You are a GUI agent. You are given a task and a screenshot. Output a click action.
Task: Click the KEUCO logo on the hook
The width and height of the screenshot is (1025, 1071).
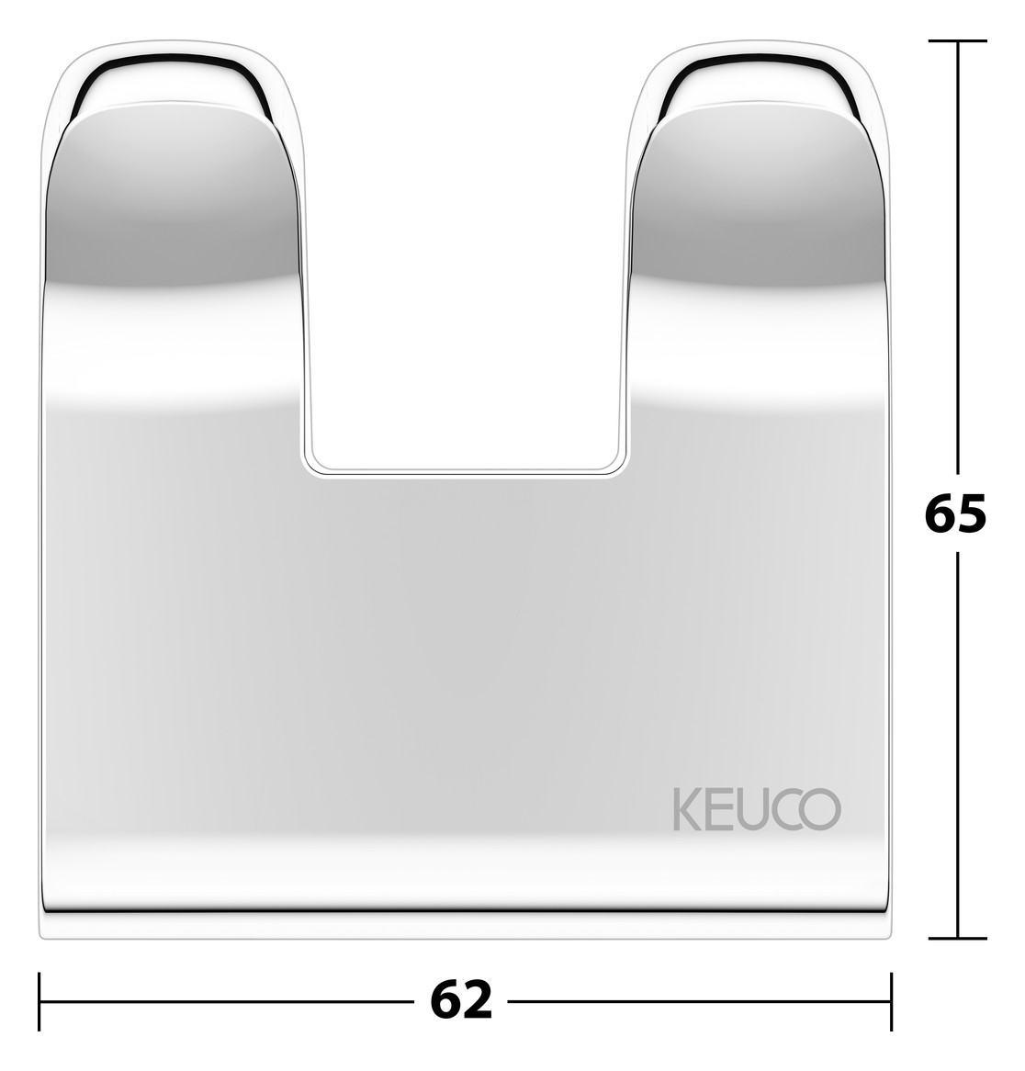pyautogui.click(x=756, y=808)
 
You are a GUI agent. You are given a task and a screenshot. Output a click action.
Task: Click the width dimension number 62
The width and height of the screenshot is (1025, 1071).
pyautogui.click(x=461, y=1000)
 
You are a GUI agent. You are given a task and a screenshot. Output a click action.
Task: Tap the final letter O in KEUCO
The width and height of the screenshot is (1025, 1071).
pyautogui.click(x=823, y=808)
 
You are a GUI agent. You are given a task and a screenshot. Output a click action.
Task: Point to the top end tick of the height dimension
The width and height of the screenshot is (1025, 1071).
pyautogui.click(x=958, y=41)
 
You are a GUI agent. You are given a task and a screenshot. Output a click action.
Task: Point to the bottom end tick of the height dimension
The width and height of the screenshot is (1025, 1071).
pyautogui.click(x=958, y=938)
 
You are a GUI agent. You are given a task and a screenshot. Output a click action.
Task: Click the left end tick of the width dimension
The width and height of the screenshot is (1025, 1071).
pyautogui.click(x=39, y=1000)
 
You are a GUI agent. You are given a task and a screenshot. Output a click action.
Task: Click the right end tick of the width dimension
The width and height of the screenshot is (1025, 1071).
pyautogui.click(x=891, y=1000)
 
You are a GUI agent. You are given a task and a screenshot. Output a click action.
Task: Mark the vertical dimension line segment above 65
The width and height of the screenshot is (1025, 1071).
pyautogui.click(x=958, y=257)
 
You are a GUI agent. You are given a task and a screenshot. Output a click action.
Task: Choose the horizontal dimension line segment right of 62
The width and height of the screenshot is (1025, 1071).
pyautogui.click(x=698, y=1000)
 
